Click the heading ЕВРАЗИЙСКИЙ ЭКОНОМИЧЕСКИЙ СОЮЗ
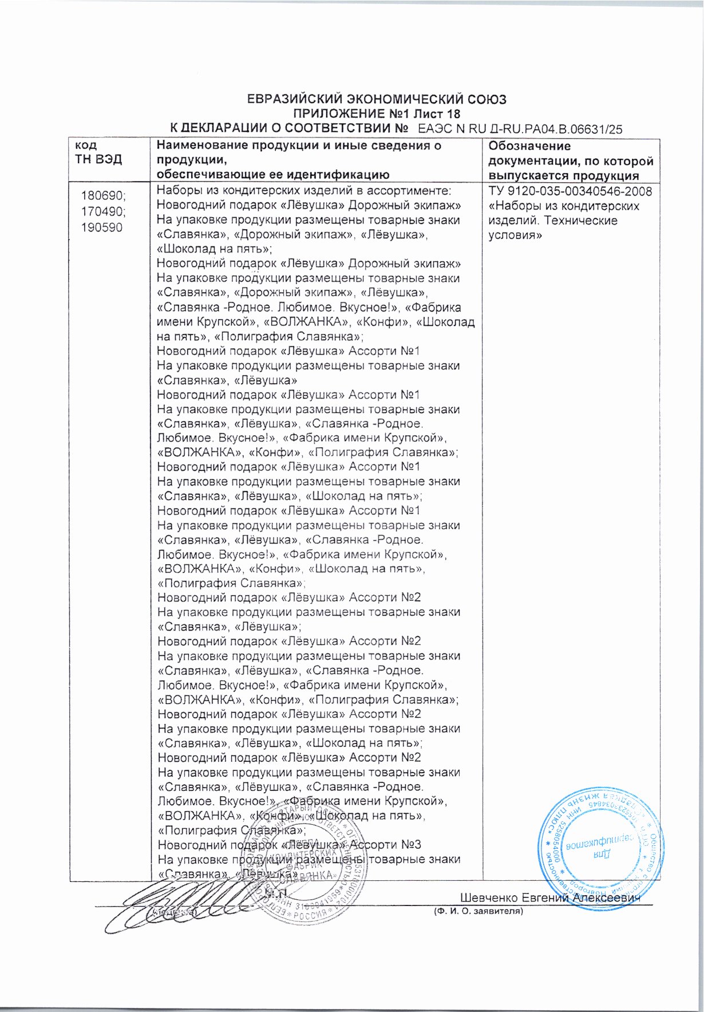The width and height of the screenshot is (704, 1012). click(x=376, y=99)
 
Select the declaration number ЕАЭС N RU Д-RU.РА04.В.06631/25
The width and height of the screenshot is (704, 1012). click(x=520, y=129)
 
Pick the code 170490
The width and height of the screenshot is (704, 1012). click(x=104, y=211)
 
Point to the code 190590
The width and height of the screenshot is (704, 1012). click(x=101, y=227)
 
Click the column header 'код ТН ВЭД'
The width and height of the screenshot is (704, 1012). click(x=98, y=152)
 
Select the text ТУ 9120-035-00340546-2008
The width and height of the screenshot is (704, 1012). click(x=570, y=191)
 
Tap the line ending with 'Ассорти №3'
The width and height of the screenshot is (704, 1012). click(x=289, y=844)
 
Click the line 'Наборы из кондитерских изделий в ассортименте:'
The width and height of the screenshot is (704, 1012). click(x=304, y=191)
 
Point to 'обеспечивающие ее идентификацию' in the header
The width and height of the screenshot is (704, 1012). click(x=273, y=175)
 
